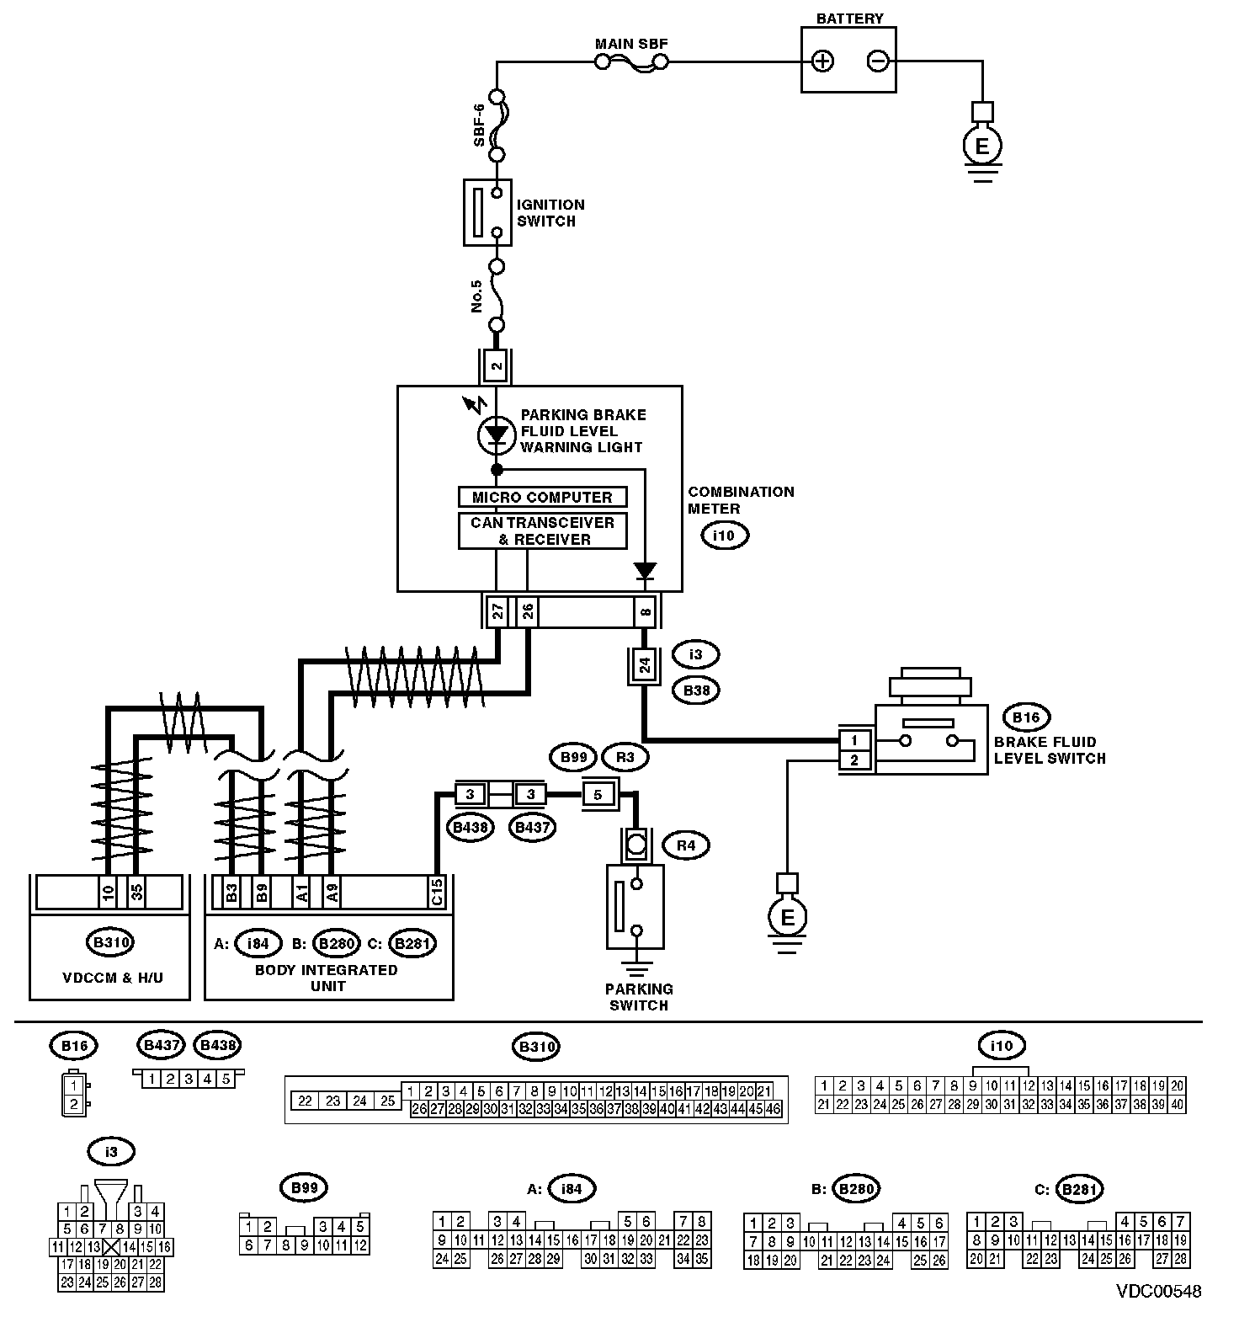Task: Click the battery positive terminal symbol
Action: pos(822,61)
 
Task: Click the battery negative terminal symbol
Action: pos(877,61)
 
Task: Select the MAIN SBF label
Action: pos(631,44)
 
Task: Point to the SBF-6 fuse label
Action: pos(479,125)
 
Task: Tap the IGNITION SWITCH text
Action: pos(550,213)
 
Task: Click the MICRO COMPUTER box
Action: pos(542,497)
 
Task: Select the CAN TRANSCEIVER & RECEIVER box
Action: pos(542,531)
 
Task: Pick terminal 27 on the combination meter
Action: pos(497,611)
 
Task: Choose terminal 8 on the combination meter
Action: pos(645,611)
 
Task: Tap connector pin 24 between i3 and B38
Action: pos(644,665)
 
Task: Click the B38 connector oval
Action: pos(695,691)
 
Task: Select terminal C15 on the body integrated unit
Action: pos(437,892)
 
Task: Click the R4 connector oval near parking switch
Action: pos(686,845)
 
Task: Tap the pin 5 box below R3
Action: pos(598,793)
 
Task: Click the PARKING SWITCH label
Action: pos(639,997)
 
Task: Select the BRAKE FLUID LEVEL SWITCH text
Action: pos(1049,750)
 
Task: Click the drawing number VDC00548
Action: pos(1158,1291)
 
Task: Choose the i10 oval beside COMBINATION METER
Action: pos(724,536)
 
